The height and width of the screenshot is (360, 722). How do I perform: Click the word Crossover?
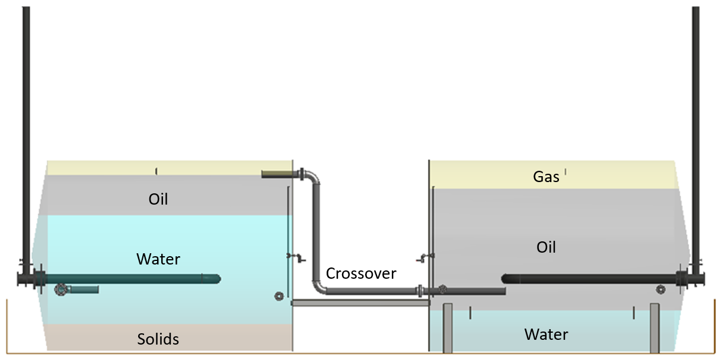click(361, 273)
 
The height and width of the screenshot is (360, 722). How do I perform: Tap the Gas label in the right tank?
click(546, 176)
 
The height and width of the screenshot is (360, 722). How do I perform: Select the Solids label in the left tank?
click(158, 339)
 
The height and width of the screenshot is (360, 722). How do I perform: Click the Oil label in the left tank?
click(158, 199)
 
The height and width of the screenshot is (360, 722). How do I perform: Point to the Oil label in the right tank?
click(546, 247)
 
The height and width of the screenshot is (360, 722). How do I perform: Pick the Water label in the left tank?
click(158, 259)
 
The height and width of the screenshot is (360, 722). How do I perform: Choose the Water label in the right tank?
click(546, 334)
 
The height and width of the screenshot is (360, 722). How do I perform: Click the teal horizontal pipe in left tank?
click(130, 278)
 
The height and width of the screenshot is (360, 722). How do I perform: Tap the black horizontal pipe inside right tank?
click(587, 279)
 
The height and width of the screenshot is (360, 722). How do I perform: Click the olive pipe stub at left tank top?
click(274, 174)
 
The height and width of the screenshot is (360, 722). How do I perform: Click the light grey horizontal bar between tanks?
click(360, 303)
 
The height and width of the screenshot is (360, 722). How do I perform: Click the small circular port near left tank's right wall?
click(279, 296)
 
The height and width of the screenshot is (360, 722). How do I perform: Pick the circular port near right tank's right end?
click(660, 289)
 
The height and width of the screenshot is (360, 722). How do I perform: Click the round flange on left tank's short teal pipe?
click(60, 289)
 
